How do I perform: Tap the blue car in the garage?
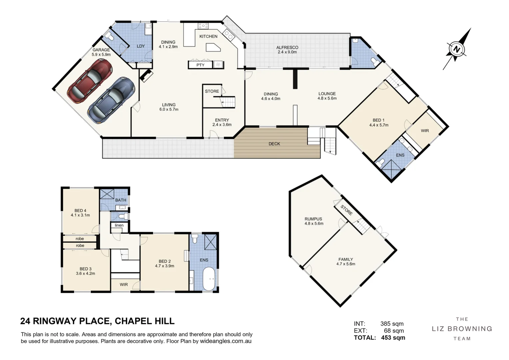pos(111,100)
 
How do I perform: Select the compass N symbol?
pos(456,49)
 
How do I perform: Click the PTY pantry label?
pos(200,65)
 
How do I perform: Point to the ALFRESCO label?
pos(287,47)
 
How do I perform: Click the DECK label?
pos(274,144)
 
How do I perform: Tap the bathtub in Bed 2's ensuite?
pos(210,279)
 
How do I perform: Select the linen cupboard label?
pos(119,225)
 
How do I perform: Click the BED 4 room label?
pos(80,211)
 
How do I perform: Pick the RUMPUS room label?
pos(313,219)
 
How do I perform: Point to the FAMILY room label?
pos(346,259)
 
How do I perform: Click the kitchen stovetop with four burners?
pos(203,26)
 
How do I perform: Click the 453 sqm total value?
pos(393,338)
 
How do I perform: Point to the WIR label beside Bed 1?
pos(425,131)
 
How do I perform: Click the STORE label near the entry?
pos(212,91)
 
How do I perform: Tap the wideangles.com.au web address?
pos(226,341)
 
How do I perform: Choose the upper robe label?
pos(80,239)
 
